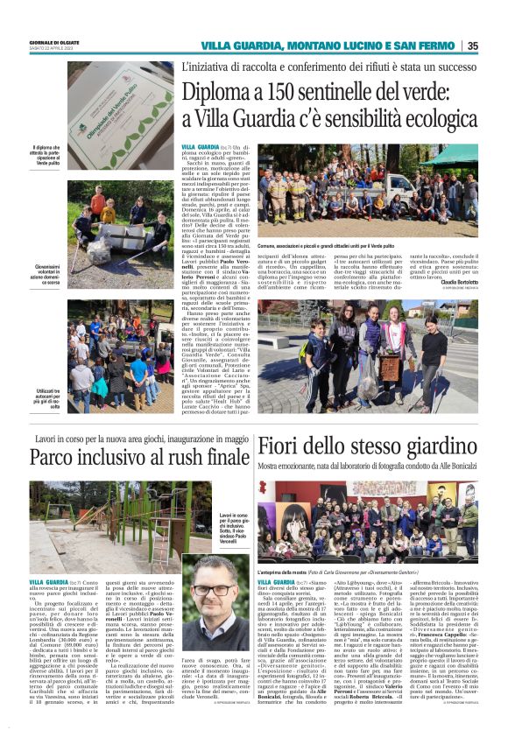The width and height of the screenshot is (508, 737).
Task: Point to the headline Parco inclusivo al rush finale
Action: coord(139,458)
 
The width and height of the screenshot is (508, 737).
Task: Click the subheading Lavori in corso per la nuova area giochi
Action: coord(130,437)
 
